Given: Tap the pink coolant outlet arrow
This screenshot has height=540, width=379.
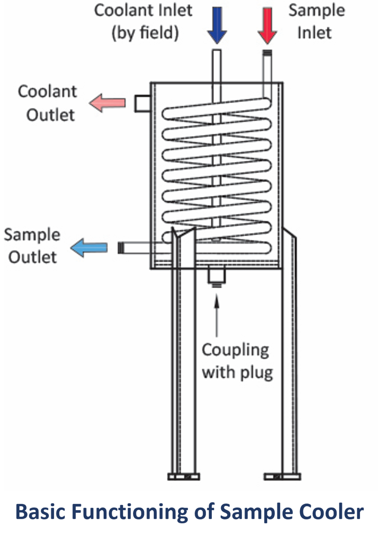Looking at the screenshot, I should tap(107, 103).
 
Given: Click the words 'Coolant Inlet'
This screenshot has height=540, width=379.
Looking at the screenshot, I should tap(143, 11).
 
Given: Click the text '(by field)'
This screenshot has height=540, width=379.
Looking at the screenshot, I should tap(145, 33).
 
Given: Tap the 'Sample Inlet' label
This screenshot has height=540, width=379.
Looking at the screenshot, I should tap(316, 21).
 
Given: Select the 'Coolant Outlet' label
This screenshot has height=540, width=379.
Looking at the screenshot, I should tap(47, 103).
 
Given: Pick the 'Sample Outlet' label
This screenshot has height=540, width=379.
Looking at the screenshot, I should tap(32, 246).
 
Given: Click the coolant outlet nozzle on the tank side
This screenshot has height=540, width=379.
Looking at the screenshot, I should tap(143, 103).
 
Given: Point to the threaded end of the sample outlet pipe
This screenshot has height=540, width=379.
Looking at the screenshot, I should tap(121, 248).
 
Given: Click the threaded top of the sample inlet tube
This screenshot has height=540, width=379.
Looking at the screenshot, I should tap(267, 54).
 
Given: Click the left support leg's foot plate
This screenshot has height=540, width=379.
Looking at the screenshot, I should tap(183, 477).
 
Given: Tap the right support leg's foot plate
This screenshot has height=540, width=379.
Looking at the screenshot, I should tap(282, 477).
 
